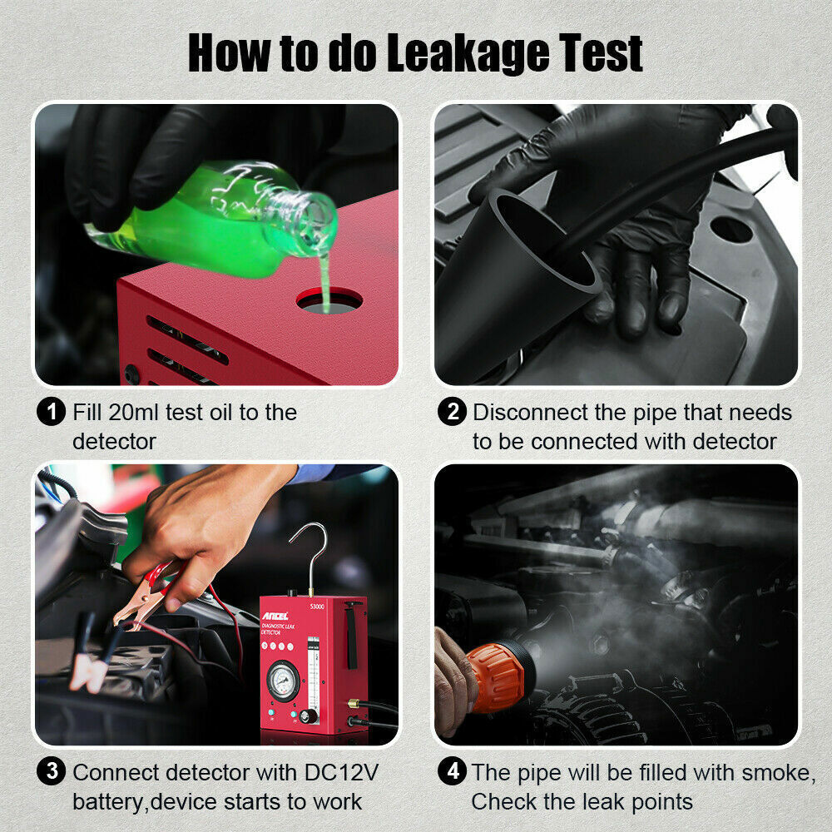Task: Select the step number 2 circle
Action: coord(453,412)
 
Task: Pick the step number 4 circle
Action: coord(453,771)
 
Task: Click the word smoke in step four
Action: coord(768,771)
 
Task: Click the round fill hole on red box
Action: coord(329,300)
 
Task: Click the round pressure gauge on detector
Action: coord(284,679)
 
